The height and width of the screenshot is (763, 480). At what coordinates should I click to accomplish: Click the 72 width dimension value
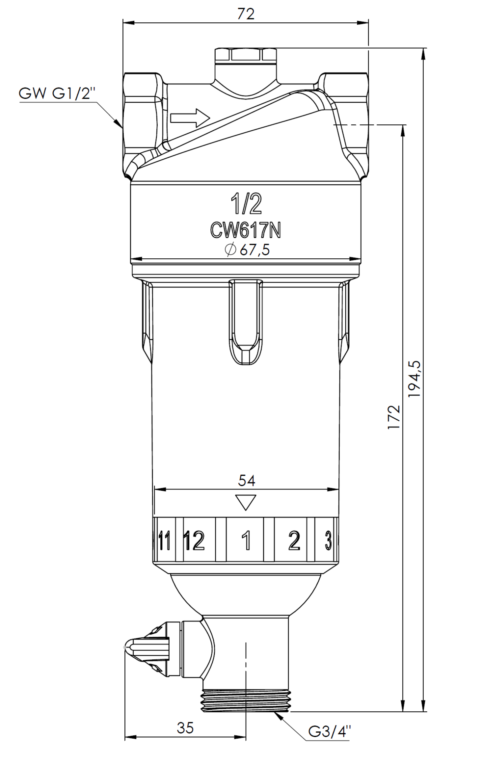click(246, 14)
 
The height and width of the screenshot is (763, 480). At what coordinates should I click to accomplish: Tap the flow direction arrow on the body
click(190, 118)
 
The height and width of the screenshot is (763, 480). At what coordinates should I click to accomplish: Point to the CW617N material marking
click(246, 230)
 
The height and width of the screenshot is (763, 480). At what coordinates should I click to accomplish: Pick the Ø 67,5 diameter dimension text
click(247, 250)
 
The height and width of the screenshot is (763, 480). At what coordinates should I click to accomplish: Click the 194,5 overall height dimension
click(414, 379)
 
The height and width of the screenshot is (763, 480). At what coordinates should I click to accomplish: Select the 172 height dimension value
click(394, 417)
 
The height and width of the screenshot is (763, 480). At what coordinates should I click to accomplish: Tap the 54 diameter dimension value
click(246, 480)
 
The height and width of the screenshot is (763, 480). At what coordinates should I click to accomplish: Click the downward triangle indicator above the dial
click(246, 503)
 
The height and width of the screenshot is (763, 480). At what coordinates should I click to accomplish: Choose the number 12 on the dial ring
click(194, 540)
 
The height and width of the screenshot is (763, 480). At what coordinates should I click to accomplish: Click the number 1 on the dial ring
click(247, 540)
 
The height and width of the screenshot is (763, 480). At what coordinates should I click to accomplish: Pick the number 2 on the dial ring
click(294, 540)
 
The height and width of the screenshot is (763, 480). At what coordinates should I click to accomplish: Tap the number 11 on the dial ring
click(164, 540)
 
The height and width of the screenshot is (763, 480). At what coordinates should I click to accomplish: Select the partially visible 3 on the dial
click(328, 540)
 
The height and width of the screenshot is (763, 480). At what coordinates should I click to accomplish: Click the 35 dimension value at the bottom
click(185, 728)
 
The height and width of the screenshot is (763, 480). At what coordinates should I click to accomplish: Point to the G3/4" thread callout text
click(330, 731)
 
